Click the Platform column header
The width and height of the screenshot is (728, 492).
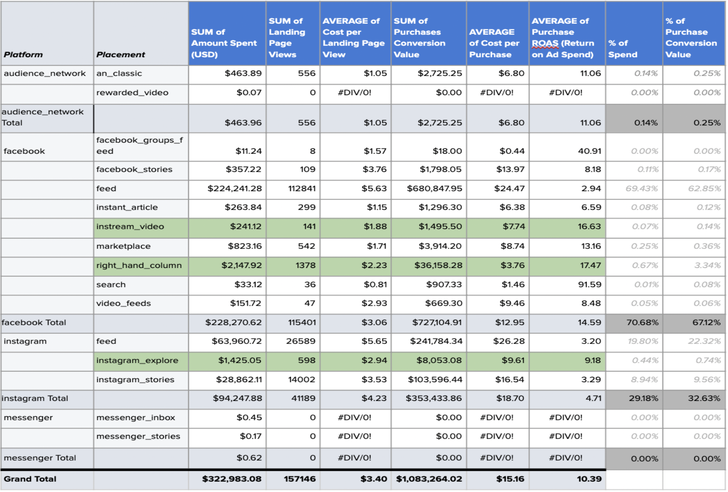23,54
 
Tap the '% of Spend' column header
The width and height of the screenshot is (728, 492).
622,49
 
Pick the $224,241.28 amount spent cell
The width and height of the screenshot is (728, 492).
234,189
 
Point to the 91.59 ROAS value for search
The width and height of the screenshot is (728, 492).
589,285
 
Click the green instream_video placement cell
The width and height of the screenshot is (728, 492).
130,227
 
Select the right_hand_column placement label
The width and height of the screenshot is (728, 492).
139,266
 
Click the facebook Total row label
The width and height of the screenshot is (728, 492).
34,323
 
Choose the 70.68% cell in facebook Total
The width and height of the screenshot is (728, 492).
642,323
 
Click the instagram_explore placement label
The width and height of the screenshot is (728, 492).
137,361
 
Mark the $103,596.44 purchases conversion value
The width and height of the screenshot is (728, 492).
435,380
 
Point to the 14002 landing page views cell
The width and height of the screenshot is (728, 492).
301,380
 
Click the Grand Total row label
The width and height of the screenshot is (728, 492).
30,479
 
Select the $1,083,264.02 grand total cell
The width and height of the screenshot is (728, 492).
429,479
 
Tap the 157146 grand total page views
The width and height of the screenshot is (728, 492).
299,479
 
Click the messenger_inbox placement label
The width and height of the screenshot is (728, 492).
136,418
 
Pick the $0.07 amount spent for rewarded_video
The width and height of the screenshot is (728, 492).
249,93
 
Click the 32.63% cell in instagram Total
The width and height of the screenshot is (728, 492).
704,398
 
